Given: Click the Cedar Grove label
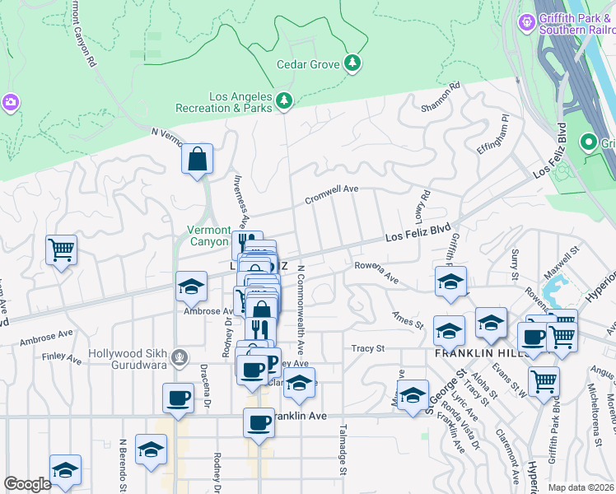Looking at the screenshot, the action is coord(308,64).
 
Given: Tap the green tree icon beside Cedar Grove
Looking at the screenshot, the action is coord(352,63).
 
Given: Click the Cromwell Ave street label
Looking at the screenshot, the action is coord(332,194).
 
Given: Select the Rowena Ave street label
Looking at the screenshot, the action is coord(376,273).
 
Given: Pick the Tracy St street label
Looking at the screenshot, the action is coord(368,348).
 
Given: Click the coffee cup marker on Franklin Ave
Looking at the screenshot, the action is coord(259,423).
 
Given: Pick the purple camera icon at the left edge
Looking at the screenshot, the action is coord(11,102).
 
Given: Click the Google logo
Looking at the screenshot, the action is coord(28,484).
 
